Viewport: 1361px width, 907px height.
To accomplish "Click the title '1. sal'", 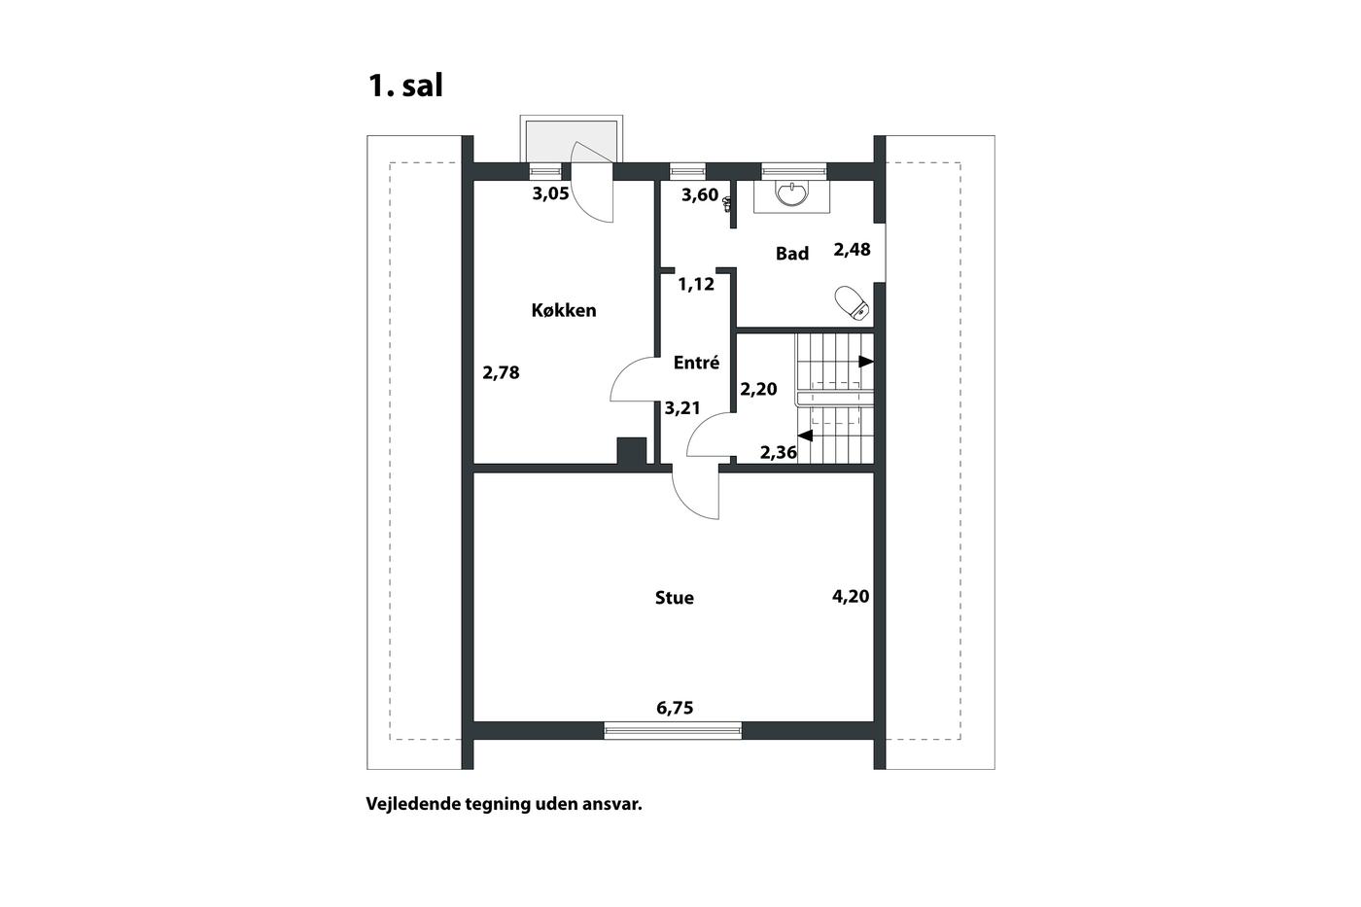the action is click(406, 86).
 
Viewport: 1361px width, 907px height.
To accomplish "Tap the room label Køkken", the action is click(564, 310).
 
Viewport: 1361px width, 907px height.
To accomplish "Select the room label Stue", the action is click(675, 598).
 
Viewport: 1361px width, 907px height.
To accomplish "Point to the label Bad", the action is click(792, 254).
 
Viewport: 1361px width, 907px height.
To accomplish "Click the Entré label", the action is click(696, 363).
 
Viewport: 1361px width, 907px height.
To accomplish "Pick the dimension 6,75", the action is click(675, 708).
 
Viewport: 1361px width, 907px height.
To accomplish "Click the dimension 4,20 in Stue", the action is click(851, 597).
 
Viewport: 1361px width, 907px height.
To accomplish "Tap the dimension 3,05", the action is click(550, 193).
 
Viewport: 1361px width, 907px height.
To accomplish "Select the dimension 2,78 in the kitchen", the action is click(502, 372).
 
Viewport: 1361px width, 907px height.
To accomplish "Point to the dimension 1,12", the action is click(696, 284).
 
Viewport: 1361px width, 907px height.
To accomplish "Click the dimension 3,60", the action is click(700, 195).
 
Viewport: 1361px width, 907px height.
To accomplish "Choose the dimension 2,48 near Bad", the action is click(852, 250).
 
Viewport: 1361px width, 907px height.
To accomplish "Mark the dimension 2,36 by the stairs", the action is click(779, 453).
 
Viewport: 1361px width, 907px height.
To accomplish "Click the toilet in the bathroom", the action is click(853, 302).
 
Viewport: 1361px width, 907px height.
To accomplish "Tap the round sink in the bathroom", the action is click(792, 193).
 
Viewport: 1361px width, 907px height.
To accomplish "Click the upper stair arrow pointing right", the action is click(866, 362).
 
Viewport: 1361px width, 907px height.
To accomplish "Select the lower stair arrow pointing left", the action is click(805, 436).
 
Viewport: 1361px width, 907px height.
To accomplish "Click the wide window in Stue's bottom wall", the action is click(673, 730).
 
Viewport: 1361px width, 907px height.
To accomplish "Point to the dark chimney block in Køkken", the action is click(631, 451).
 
